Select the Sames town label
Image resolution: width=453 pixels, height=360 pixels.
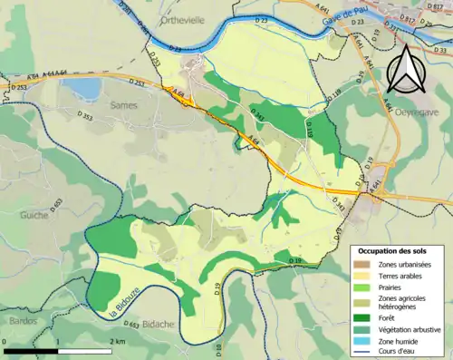[122, 105]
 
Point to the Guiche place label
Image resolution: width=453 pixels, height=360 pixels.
[33, 215]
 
